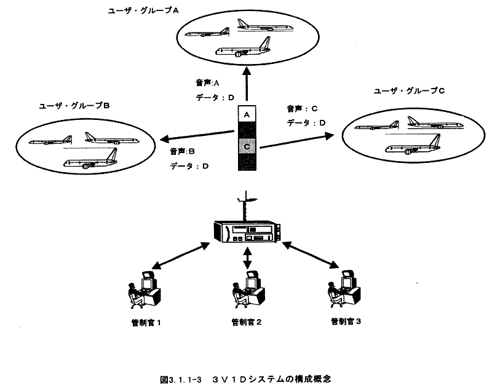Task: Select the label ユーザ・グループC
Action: tap(409, 90)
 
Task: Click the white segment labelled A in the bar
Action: tap(246, 114)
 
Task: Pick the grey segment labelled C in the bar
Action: tap(246, 147)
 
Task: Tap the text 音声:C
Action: tap(301, 109)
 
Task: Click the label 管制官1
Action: tap(146, 321)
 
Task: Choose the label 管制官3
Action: tap(345, 320)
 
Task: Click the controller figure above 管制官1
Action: tap(141, 288)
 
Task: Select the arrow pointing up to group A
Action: tap(246, 84)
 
